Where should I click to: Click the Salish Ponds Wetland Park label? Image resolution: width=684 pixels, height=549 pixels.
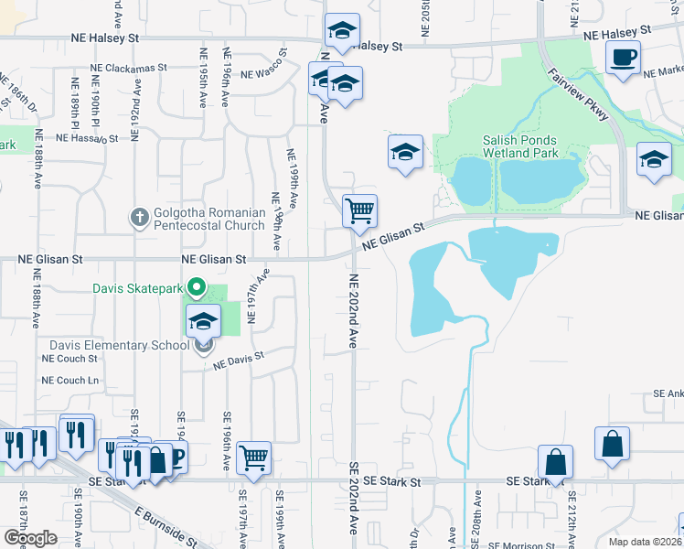[520, 146]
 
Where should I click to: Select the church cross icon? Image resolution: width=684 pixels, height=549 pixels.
[139, 217]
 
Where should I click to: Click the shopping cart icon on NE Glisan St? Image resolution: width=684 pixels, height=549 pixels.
[360, 210]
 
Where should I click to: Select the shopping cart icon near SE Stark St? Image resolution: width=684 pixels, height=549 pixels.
[253, 457]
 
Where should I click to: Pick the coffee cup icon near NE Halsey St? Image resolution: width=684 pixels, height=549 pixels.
[623, 58]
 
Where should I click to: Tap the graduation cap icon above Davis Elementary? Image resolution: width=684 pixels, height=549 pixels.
[204, 321]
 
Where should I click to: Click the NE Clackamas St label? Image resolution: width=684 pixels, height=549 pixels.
[129, 67]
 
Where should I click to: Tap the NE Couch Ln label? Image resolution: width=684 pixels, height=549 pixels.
[69, 381]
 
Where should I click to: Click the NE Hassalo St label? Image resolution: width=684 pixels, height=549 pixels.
[88, 138]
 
